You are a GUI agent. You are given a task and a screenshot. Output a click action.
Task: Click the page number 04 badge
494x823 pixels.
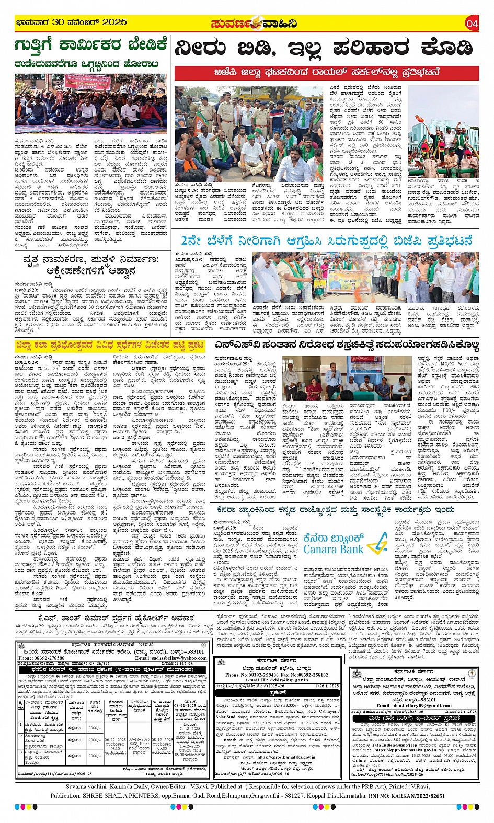(472, 24)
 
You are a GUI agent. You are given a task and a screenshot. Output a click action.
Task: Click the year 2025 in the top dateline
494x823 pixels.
(114, 22)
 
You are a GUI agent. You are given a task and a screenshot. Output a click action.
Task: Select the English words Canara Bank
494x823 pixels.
(333, 550)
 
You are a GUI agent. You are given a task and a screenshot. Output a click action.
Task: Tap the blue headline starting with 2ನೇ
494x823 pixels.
(327, 241)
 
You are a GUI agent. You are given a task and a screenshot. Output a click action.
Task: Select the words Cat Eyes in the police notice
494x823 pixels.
(328, 712)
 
